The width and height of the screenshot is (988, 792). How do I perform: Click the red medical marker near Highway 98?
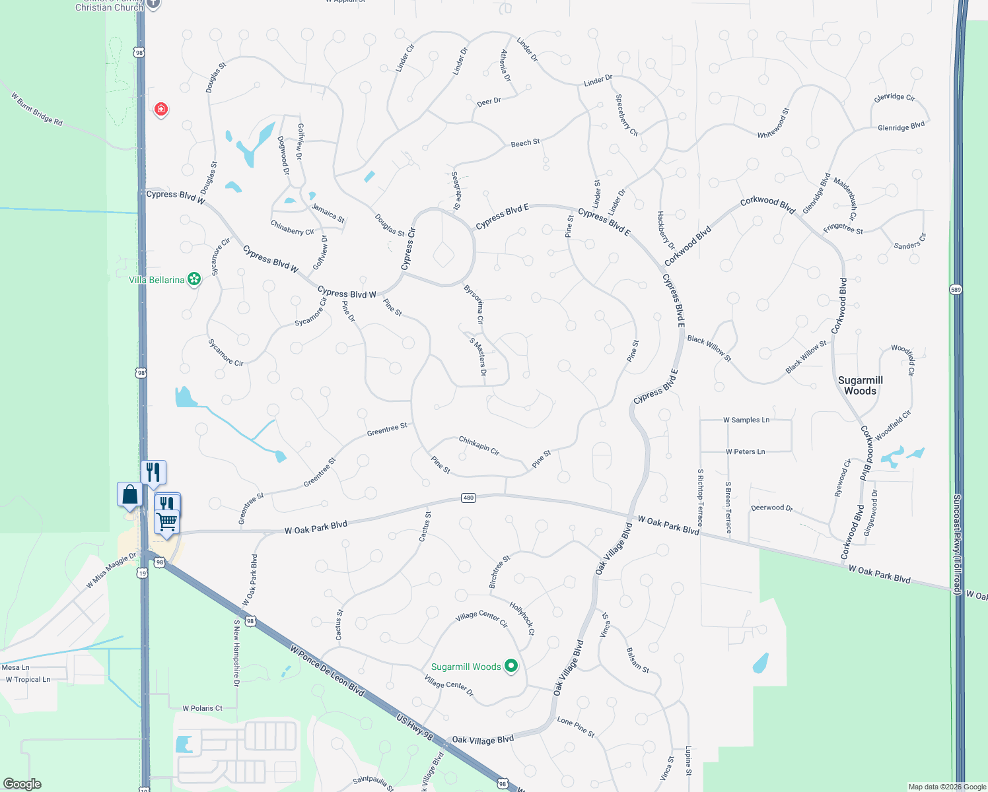[x=160, y=109]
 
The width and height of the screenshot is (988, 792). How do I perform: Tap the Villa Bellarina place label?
[x=157, y=280]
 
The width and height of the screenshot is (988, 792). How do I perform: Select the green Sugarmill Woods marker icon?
[x=511, y=667]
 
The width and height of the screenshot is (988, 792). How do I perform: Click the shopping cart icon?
[x=167, y=521]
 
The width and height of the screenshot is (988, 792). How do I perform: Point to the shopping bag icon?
[x=130, y=494]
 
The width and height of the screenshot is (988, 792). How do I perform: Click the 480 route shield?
[x=468, y=498]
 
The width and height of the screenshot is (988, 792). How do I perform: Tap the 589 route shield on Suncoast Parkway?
[x=956, y=289]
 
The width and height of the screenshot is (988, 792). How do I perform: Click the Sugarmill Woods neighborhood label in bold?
[x=860, y=385]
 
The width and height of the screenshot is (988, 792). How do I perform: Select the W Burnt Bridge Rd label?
[x=37, y=109]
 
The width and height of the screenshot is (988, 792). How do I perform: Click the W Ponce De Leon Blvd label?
[x=327, y=671]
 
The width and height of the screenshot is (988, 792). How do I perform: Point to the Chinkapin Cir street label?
[x=479, y=445]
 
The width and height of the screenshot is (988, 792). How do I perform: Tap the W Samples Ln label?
[x=746, y=420]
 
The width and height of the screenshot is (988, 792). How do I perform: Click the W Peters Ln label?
[x=745, y=451]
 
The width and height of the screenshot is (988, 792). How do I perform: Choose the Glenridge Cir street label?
[x=894, y=97]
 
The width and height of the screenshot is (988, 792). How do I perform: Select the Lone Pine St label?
[x=576, y=727]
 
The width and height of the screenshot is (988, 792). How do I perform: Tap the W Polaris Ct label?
[x=203, y=708]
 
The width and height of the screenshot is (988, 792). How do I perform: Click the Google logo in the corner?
[x=22, y=784]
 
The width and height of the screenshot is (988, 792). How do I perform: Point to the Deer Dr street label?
[x=489, y=102]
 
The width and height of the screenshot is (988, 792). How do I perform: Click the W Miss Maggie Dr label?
[x=111, y=571]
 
